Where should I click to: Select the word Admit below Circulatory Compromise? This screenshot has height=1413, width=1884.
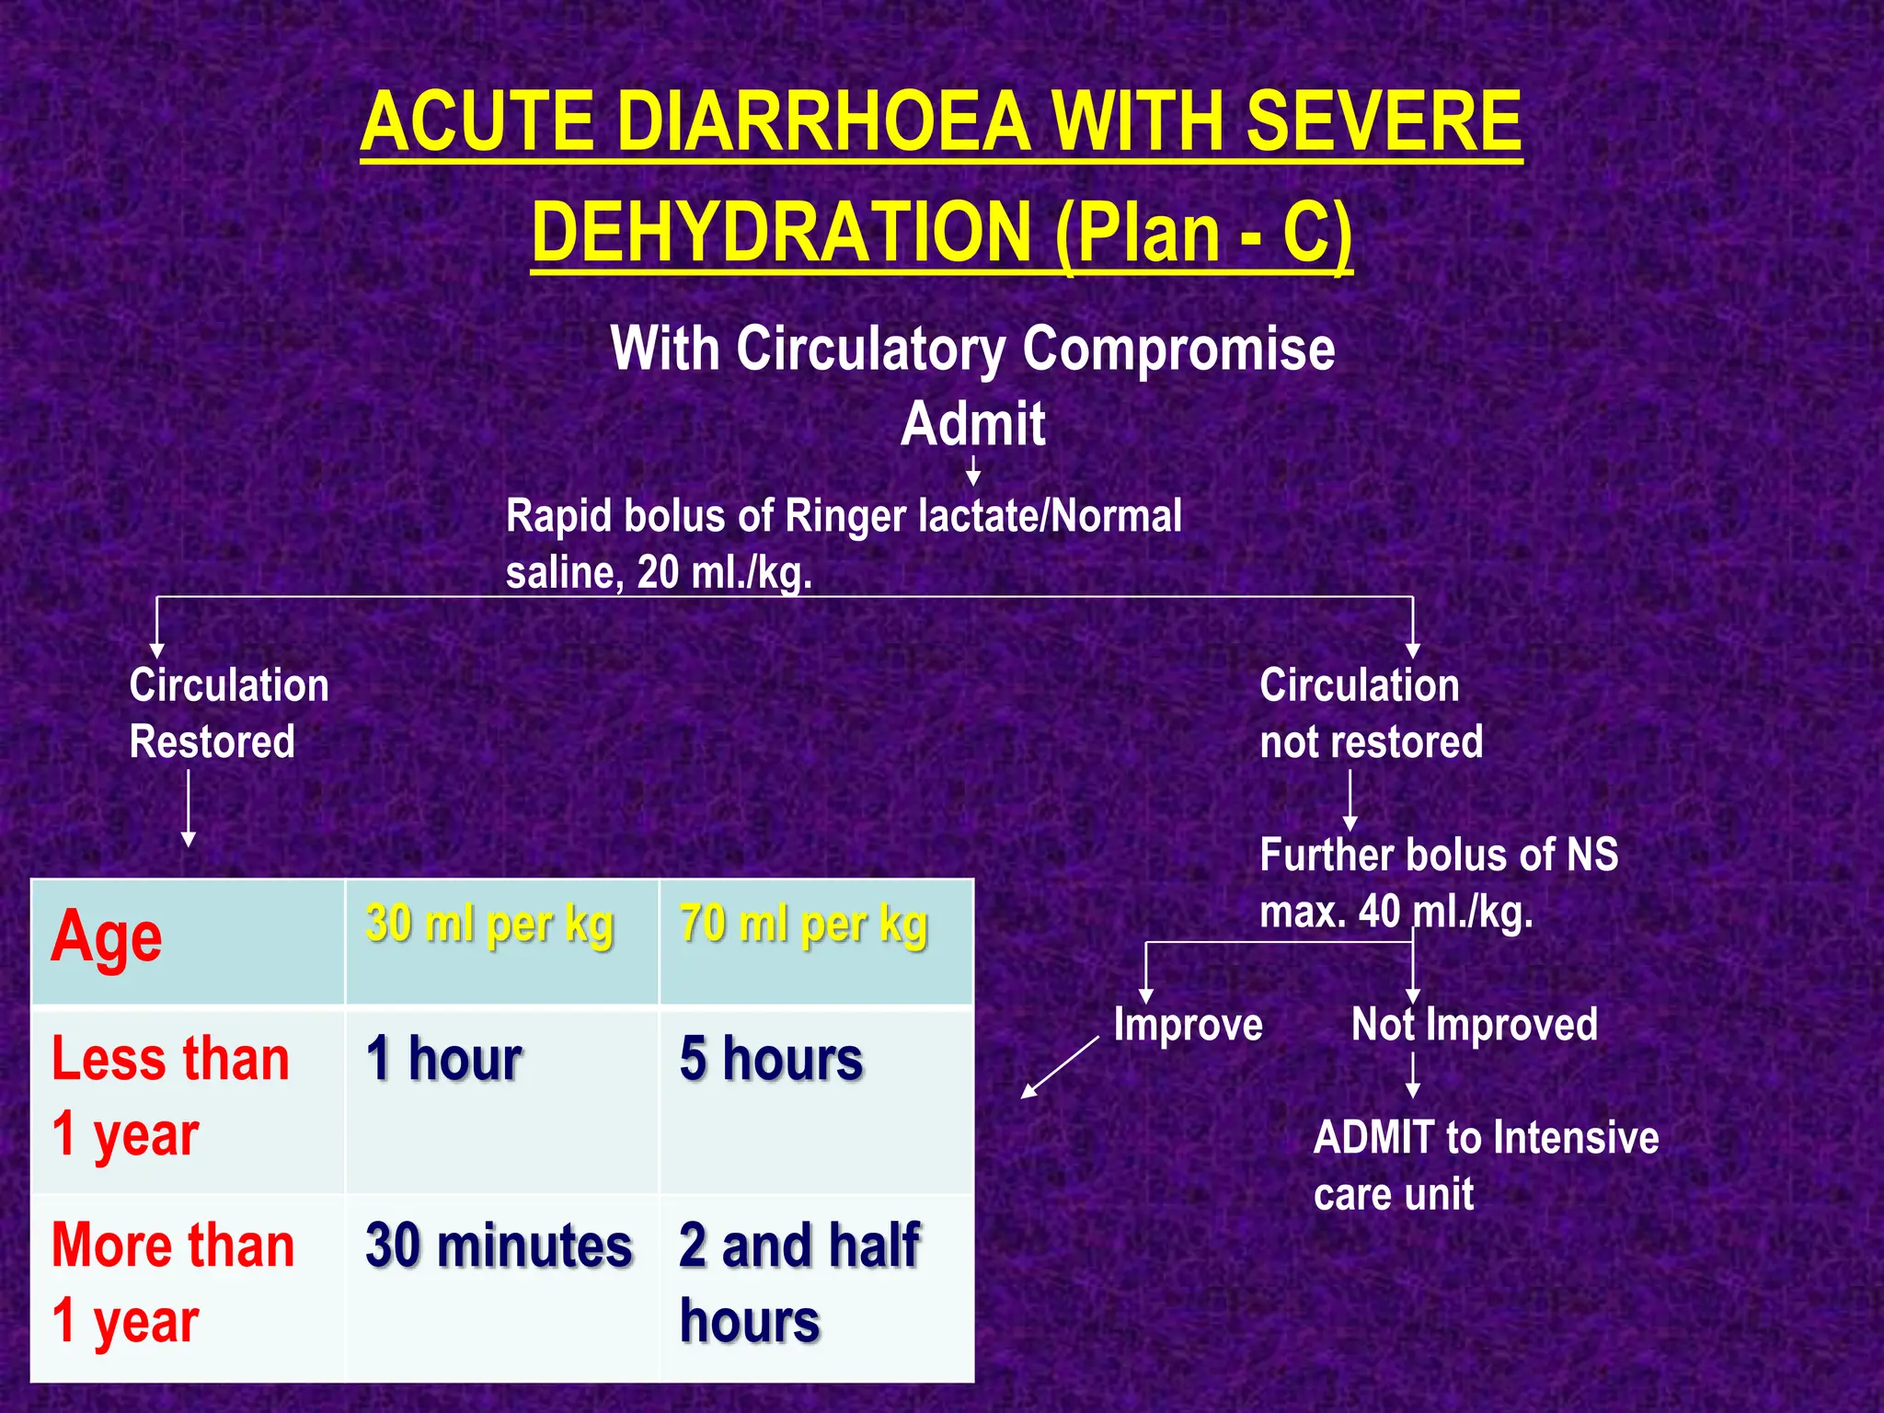pos(972,424)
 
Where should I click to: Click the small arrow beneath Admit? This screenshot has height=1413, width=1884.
pos(972,472)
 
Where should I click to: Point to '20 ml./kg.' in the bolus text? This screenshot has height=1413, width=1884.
pos(724,573)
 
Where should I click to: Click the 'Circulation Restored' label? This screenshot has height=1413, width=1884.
pos(228,713)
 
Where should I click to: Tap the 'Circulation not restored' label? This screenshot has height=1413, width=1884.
pos(1370,713)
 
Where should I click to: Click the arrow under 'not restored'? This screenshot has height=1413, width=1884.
pos(1350,799)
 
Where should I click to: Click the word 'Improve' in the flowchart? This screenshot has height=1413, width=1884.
pos(1188,1025)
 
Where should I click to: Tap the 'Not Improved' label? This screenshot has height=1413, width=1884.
pos(1474,1025)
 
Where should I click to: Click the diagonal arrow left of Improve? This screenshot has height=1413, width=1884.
pos(1060,1067)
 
